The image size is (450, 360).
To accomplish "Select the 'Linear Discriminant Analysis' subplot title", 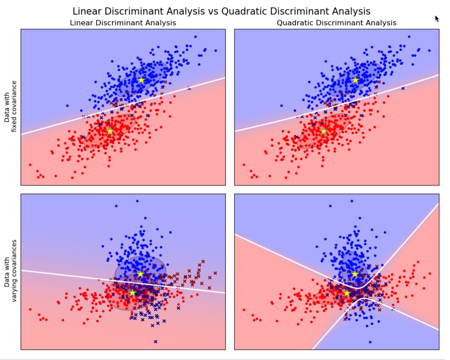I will click(x=123, y=22).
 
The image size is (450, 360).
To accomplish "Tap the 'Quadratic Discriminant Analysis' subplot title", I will click(x=337, y=22).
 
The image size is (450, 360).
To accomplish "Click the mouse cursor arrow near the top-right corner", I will click(x=436, y=18).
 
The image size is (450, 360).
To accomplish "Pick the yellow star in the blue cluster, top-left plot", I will click(x=141, y=80).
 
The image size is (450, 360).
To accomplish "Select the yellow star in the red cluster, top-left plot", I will click(x=110, y=131).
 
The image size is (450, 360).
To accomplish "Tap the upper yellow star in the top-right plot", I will click(x=355, y=80).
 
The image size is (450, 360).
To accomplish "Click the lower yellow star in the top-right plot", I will click(x=324, y=131).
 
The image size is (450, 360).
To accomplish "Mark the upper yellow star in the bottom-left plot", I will click(x=140, y=274).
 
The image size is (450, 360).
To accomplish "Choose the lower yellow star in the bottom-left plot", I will click(x=132, y=292).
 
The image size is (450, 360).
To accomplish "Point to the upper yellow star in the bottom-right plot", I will click(x=355, y=274).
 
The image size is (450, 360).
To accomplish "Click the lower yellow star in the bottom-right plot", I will click(x=346, y=293).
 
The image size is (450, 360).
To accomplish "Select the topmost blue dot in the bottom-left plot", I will click(x=137, y=201).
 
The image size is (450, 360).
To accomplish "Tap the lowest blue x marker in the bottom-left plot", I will click(x=156, y=342).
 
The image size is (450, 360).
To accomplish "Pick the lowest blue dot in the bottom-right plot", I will click(x=370, y=342).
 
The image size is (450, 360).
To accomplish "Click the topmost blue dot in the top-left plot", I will click(x=195, y=36).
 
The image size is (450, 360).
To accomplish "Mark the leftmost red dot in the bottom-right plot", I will click(x=244, y=310).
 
